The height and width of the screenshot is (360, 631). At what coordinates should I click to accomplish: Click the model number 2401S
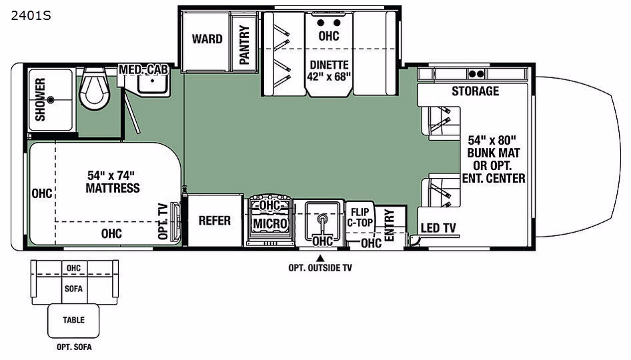pyautogui.click(x=31, y=16)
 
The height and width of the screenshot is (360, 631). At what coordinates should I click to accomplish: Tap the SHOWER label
pyautogui.click(x=40, y=99)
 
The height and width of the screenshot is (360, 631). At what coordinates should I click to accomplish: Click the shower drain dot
pyautogui.click(x=51, y=99)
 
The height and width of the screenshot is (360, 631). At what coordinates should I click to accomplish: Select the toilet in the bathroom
pyautogui.click(x=93, y=89)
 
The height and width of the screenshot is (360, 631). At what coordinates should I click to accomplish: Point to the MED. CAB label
pyautogui.click(x=143, y=69)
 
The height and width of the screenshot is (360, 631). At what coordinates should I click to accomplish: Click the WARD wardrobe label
pyautogui.click(x=207, y=39)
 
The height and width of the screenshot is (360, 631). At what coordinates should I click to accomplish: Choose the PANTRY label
pyautogui.click(x=244, y=44)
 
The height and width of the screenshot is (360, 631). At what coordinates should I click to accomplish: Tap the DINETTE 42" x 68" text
pyautogui.click(x=330, y=71)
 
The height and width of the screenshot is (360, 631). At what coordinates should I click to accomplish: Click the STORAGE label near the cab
pyautogui.click(x=476, y=91)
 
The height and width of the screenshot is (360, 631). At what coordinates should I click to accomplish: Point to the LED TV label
pyautogui.click(x=438, y=229)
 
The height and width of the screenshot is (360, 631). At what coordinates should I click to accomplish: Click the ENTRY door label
pyautogui.click(x=389, y=225)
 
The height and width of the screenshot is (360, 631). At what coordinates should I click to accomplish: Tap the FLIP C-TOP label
pyautogui.click(x=360, y=217)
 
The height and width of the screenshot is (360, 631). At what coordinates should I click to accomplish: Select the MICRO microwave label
pyautogui.click(x=270, y=223)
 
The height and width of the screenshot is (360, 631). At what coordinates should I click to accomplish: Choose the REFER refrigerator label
pyautogui.click(x=215, y=221)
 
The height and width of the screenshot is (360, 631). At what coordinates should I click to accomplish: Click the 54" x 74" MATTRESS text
pyautogui.click(x=112, y=182)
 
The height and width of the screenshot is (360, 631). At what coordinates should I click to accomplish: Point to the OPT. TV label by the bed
pyautogui.click(x=163, y=221)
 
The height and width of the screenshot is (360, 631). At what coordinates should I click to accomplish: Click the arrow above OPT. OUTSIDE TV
pyautogui.click(x=320, y=258)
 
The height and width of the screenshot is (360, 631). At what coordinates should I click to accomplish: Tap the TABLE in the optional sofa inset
pyautogui.click(x=73, y=320)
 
